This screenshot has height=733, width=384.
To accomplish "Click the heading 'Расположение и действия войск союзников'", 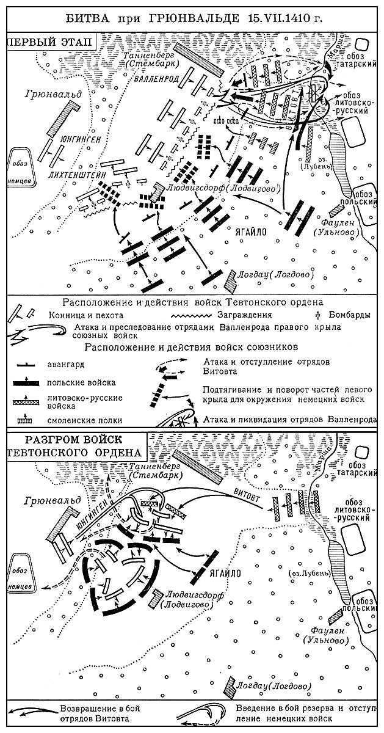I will (192, 348).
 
